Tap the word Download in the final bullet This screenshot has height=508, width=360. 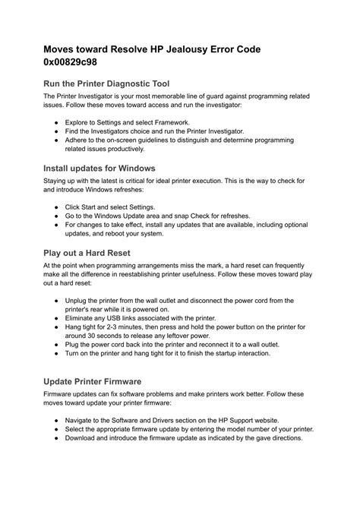[x=83, y=437]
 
